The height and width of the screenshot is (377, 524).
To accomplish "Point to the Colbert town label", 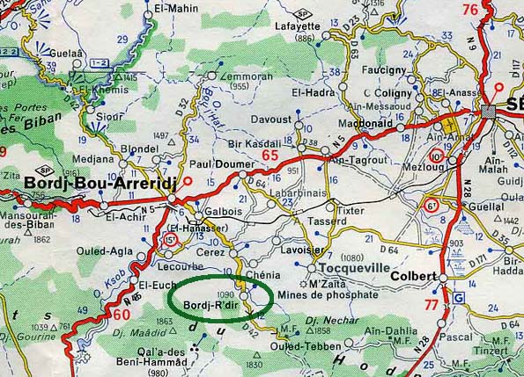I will pos(415,276).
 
